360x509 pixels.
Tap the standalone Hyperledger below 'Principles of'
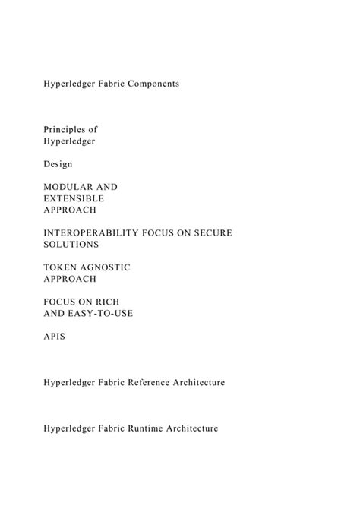(x=69, y=141)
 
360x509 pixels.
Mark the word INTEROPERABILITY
(x=86, y=232)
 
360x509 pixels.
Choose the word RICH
(x=116, y=302)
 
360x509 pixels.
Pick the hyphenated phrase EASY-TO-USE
(x=101, y=314)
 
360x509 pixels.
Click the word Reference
(x=143, y=382)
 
